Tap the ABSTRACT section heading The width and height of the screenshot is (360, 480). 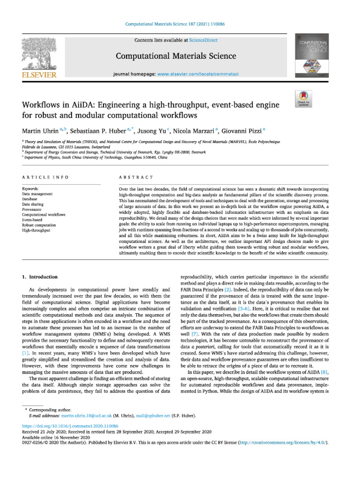136,177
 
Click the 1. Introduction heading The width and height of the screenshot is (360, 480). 40,277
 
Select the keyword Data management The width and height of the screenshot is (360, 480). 37,194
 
